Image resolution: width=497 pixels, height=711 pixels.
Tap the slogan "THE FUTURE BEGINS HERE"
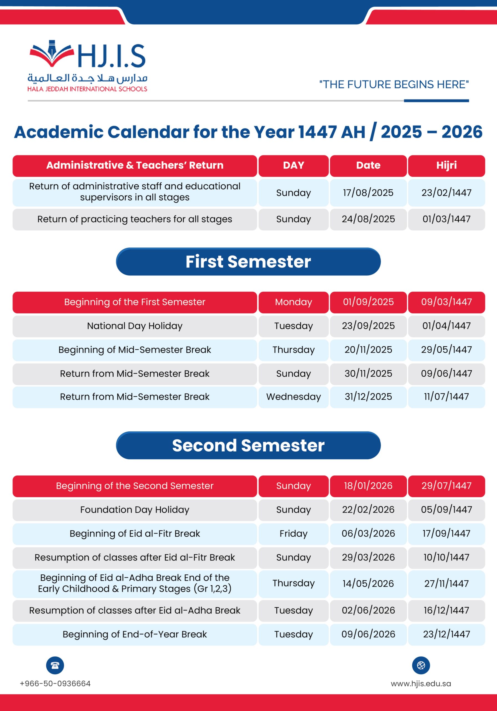(x=394, y=84)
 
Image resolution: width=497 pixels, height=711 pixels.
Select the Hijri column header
(x=446, y=165)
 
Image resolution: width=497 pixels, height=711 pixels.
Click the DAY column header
(x=293, y=165)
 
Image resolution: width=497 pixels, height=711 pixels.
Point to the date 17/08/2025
(x=368, y=193)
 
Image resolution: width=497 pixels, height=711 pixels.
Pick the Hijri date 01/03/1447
(x=446, y=219)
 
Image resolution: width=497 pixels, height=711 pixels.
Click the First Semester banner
(x=248, y=261)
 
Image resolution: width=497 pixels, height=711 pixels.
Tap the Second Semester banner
(x=248, y=445)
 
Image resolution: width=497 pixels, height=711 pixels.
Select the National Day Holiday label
(x=135, y=326)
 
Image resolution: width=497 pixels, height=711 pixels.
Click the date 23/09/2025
(x=368, y=326)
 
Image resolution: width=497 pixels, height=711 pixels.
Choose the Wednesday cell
(x=293, y=397)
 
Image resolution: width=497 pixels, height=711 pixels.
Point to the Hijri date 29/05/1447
(x=446, y=350)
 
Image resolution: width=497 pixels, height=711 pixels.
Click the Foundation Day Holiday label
(x=135, y=510)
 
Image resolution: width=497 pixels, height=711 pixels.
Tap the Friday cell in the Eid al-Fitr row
(x=293, y=534)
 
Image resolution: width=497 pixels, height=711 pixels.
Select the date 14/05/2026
(x=368, y=584)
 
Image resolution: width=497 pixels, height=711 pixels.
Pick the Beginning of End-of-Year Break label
(x=135, y=634)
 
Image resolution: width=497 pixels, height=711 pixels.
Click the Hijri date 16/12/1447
(x=446, y=610)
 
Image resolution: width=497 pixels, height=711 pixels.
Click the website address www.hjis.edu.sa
(x=421, y=684)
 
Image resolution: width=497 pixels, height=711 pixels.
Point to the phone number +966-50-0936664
(x=55, y=684)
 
